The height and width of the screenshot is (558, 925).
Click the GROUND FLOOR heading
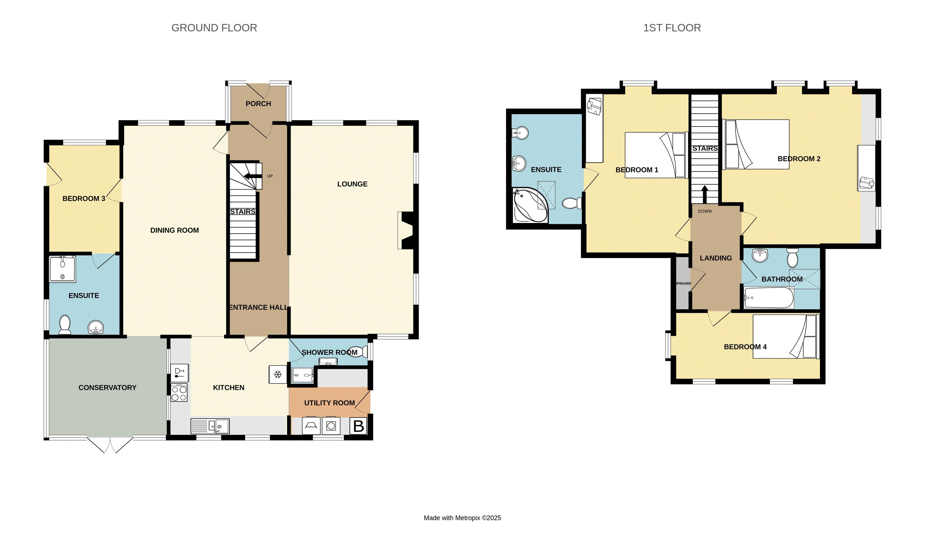click(214, 28)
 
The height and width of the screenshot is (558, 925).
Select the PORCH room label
click(258, 104)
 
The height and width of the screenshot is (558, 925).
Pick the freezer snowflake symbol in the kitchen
click(278, 374)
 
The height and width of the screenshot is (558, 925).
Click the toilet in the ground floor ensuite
click(65, 324)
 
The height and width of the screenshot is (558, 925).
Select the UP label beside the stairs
click(270, 176)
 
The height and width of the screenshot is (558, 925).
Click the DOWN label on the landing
click(705, 211)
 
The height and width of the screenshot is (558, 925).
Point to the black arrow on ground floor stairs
click(252, 176)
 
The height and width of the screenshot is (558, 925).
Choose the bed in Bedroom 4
click(785, 336)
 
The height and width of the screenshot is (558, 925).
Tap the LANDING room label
click(716, 258)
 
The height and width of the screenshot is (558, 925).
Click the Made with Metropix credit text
click(462, 518)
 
